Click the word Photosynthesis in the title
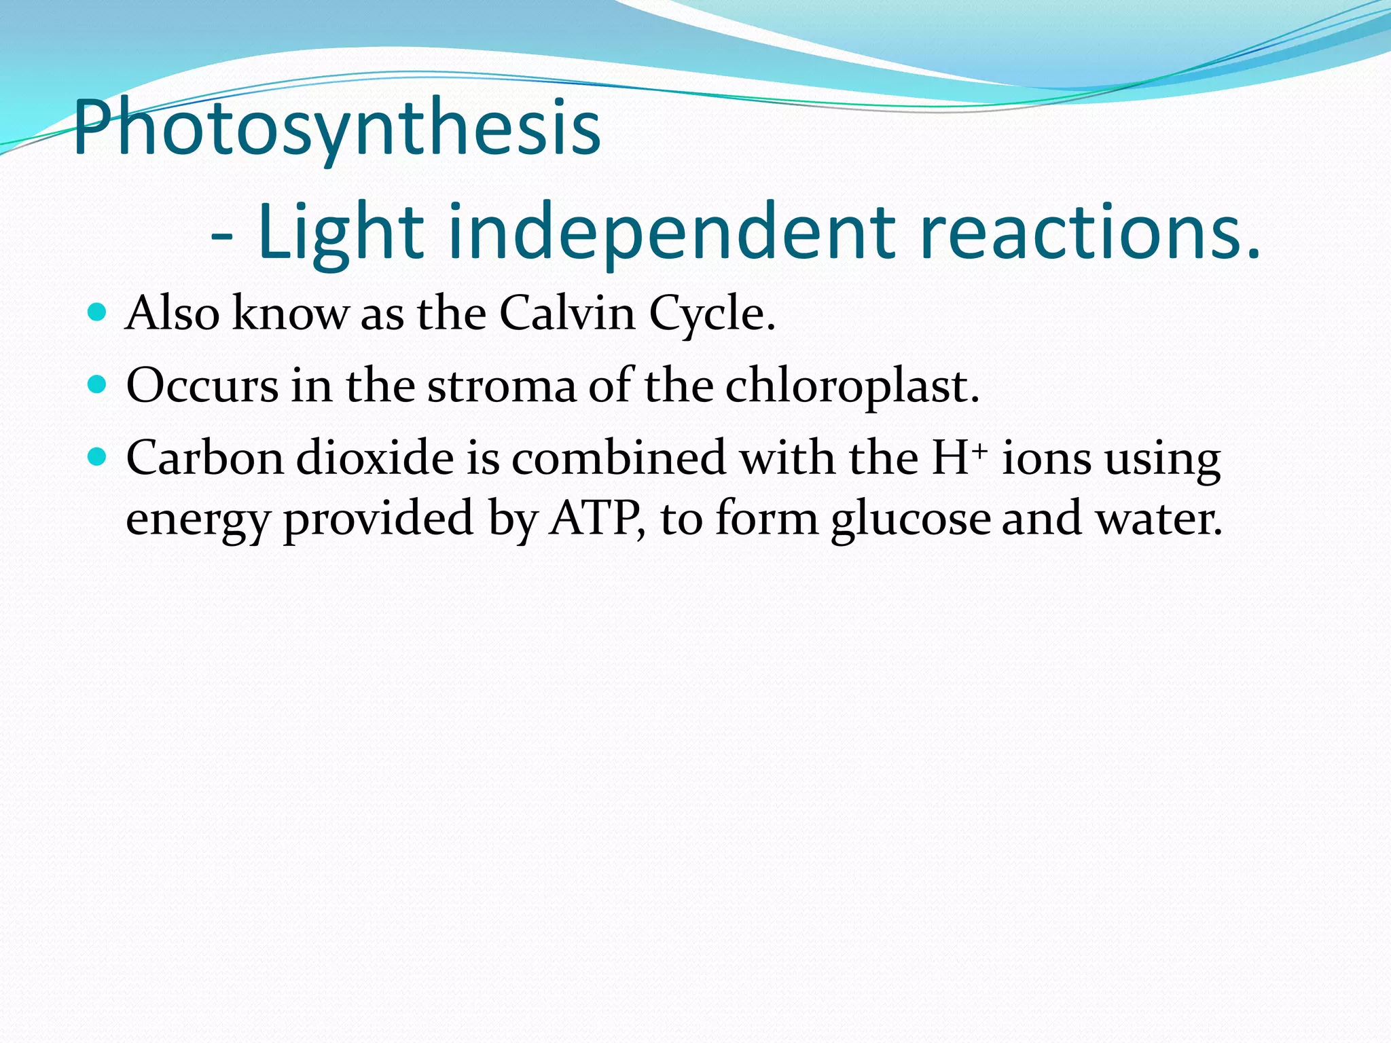337,128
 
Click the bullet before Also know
98,312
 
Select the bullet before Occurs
98,385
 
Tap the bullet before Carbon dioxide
98,457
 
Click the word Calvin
567,314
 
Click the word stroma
501,386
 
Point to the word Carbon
204,458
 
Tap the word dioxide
375,458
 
